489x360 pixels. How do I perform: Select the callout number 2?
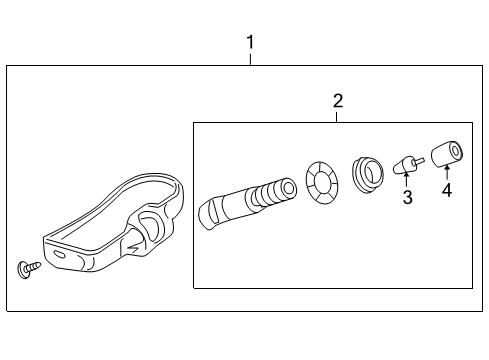pos(338,100)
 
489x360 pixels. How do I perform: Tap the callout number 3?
pos(408,198)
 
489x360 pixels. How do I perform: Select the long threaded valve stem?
pos(246,198)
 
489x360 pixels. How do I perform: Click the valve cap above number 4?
pos(446,153)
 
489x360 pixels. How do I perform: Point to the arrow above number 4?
pos(446,172)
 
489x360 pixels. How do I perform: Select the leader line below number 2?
pos(338,116)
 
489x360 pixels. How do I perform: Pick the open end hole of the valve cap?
pos(455,152)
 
